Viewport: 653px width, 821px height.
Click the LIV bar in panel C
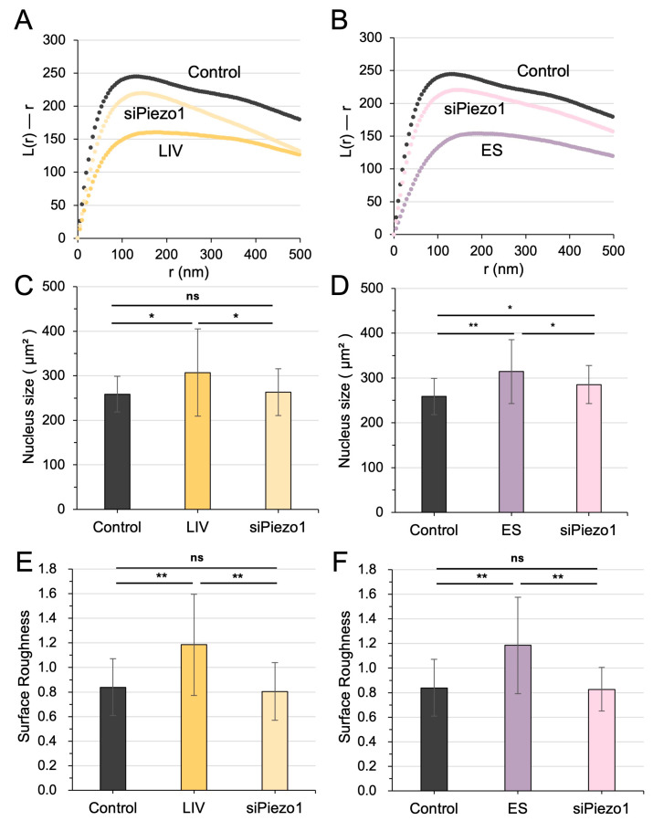pos(197,441)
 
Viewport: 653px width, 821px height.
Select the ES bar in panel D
pos(511,441)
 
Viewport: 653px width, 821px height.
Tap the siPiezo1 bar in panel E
pos(275,741)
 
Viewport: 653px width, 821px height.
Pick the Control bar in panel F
pos(434,740)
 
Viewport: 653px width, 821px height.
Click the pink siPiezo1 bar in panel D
pos(588,448)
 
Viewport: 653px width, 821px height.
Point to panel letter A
pos(24,20)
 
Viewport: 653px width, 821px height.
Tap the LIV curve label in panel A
pos(171,151)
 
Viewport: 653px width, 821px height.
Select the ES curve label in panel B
pos(491,151)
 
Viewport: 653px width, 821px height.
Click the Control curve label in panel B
pos(543,70)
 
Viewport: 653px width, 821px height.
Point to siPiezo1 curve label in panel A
pos(154,113)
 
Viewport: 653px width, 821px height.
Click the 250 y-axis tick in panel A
pos(55,73)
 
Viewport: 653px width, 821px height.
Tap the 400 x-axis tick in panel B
pos(569,251)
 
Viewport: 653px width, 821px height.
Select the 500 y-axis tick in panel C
pos(55,287)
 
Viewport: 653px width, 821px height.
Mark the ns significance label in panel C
pos(193,297)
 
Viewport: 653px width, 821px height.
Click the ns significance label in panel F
pos(517,559)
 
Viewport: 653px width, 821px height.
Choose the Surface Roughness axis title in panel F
pos(344,677)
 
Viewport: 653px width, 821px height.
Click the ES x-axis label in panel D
pos(511,530)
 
